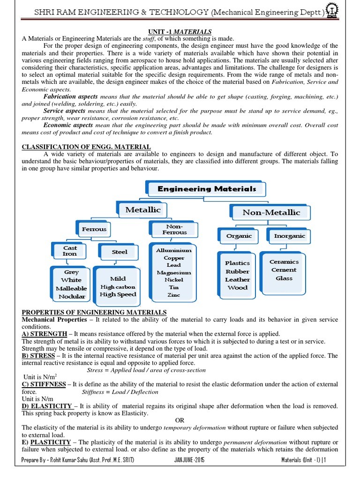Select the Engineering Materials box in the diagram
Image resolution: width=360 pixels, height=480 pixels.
coord(207,189)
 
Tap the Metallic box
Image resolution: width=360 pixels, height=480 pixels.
coord(143,210)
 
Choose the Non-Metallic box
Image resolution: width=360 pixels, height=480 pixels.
coord(271,212)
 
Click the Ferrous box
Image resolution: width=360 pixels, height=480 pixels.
coord(94,229)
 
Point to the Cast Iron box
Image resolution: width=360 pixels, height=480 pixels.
coord(70,250)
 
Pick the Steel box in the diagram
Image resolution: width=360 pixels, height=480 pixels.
coord(120,252)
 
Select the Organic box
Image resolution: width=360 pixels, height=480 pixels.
coord(239,236)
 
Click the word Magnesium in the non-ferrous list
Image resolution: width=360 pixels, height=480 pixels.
coord(174,272)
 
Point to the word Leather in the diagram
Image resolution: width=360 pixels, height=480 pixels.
coord(237,279)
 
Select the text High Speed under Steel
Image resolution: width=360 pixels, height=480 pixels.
coord(118,294)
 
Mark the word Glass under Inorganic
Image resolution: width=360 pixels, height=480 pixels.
coord(284,278)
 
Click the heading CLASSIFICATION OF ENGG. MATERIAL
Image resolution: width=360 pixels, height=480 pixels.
coord(87,147)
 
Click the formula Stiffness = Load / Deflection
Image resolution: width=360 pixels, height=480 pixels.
coord(120,392)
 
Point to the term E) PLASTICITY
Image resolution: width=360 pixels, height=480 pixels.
coord(46,442)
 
